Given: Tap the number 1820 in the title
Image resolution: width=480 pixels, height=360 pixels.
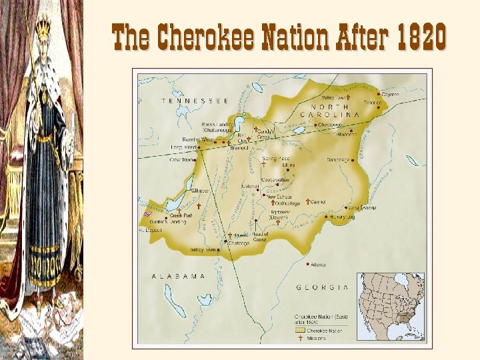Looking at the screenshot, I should click(x=420, y=38).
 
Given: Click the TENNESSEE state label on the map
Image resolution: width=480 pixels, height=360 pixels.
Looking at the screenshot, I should click(x=195, y=101).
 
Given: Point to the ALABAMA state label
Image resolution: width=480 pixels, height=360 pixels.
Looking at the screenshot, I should click(x=179, y=276).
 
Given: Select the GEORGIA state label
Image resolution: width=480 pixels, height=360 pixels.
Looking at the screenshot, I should click(x=323, y=287).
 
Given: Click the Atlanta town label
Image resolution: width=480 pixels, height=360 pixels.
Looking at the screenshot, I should click(x=319, y=265).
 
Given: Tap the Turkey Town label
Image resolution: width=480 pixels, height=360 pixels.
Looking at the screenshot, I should click(x=203, y=249).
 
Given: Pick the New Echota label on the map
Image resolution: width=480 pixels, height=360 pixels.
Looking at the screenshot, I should click(x=280, y=196).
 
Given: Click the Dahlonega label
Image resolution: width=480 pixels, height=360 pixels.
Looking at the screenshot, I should click(x=339, y=159).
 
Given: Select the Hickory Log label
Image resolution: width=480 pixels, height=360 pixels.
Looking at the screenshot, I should click(x=341, y=217).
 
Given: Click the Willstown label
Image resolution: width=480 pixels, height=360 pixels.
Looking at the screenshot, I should click(x=200, y=191).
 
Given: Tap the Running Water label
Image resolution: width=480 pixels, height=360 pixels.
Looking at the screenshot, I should click(x=199, y=140).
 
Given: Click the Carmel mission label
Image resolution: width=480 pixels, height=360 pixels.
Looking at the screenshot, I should click(x=318, y=201).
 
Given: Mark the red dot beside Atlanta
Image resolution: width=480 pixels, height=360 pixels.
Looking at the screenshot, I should click(x=307, y=263).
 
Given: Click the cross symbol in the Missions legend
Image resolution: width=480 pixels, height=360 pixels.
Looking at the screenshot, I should click(x=301, y=338).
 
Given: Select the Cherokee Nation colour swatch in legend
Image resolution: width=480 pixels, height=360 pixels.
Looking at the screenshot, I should click(x=300, y=330).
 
